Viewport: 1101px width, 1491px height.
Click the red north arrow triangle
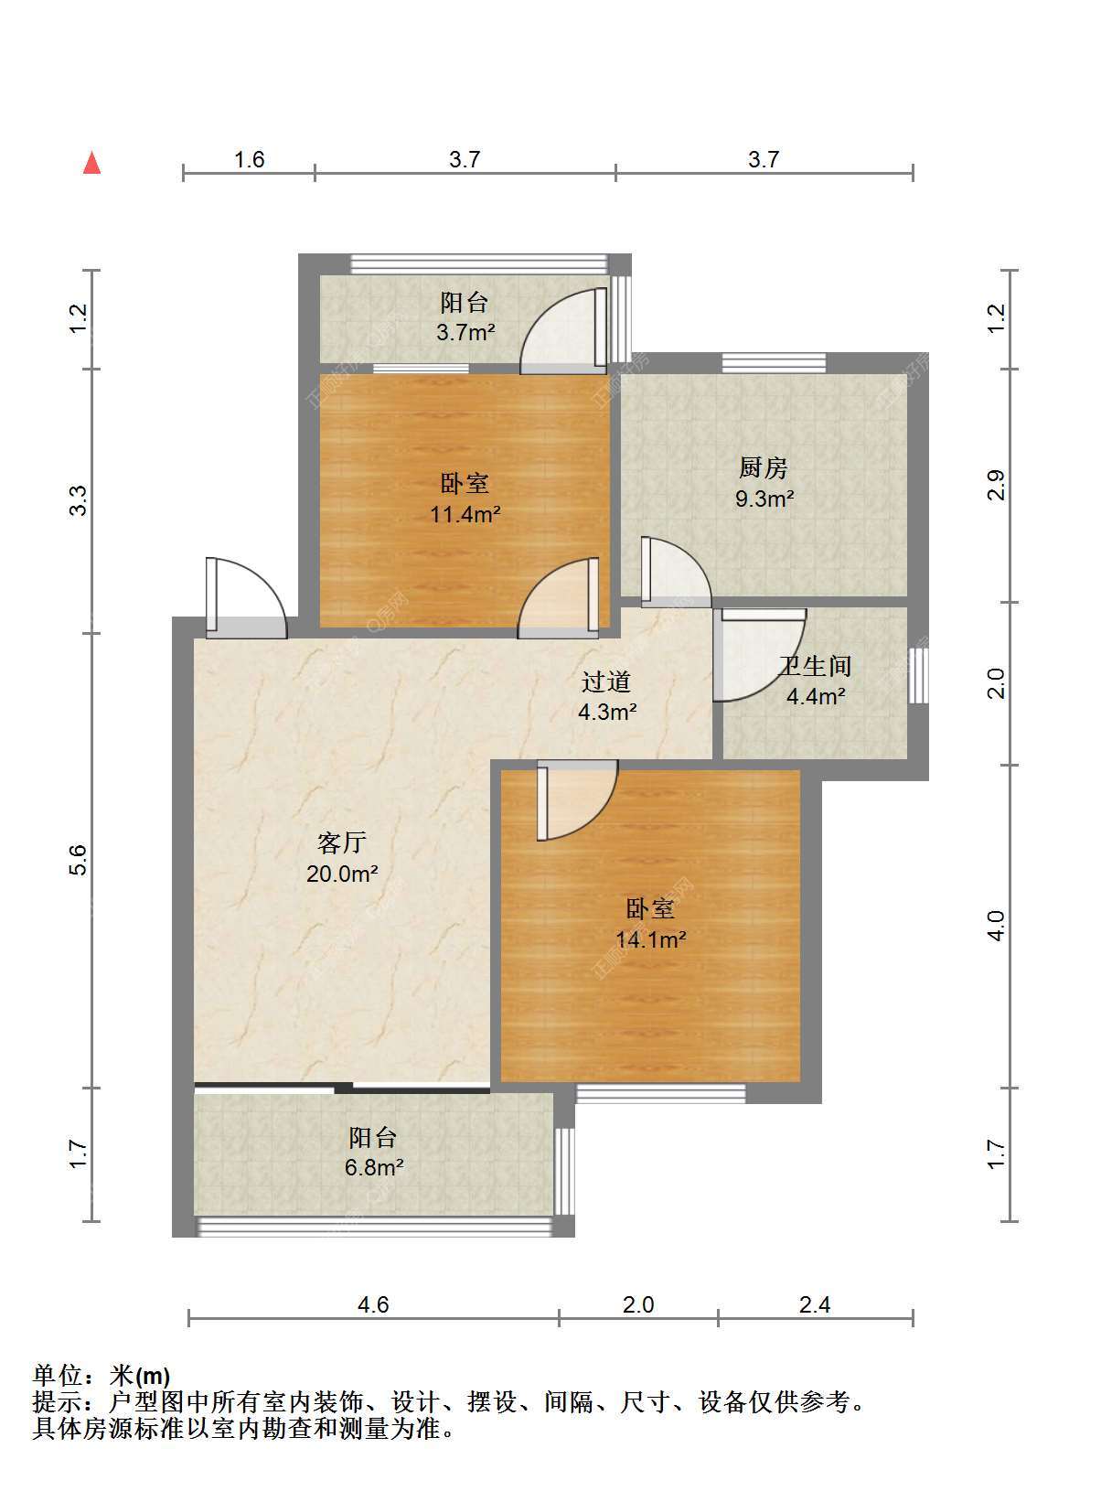92,164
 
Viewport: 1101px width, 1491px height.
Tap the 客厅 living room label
341,842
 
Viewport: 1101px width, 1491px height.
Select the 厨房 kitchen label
763,467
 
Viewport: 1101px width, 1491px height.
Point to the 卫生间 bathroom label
815,666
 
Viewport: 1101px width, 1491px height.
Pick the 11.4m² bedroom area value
465,514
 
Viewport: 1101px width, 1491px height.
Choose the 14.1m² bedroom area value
651,939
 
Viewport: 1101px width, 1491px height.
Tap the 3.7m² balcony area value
465,331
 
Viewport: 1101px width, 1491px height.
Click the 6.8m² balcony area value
374,1167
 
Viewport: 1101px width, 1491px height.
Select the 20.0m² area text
342,874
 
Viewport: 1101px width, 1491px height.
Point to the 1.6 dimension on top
249,159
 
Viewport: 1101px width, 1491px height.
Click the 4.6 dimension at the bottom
373,1304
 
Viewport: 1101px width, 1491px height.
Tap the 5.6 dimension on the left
79,860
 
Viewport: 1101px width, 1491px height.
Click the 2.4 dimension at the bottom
815,1304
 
